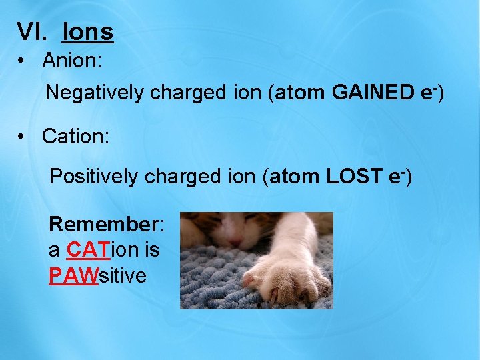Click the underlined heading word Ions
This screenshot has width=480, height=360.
[88, 31]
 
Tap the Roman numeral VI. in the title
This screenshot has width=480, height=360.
[35, 31]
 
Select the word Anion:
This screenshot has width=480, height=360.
[71, 61]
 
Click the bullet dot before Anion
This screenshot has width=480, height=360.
[22, 61]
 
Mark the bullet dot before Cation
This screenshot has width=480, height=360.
[22, 137]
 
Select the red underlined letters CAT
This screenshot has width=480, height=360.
[84, 249]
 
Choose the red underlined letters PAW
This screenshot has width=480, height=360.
[73, 275]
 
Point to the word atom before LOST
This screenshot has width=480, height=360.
[295, 177]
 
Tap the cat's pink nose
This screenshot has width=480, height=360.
[234, 239]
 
